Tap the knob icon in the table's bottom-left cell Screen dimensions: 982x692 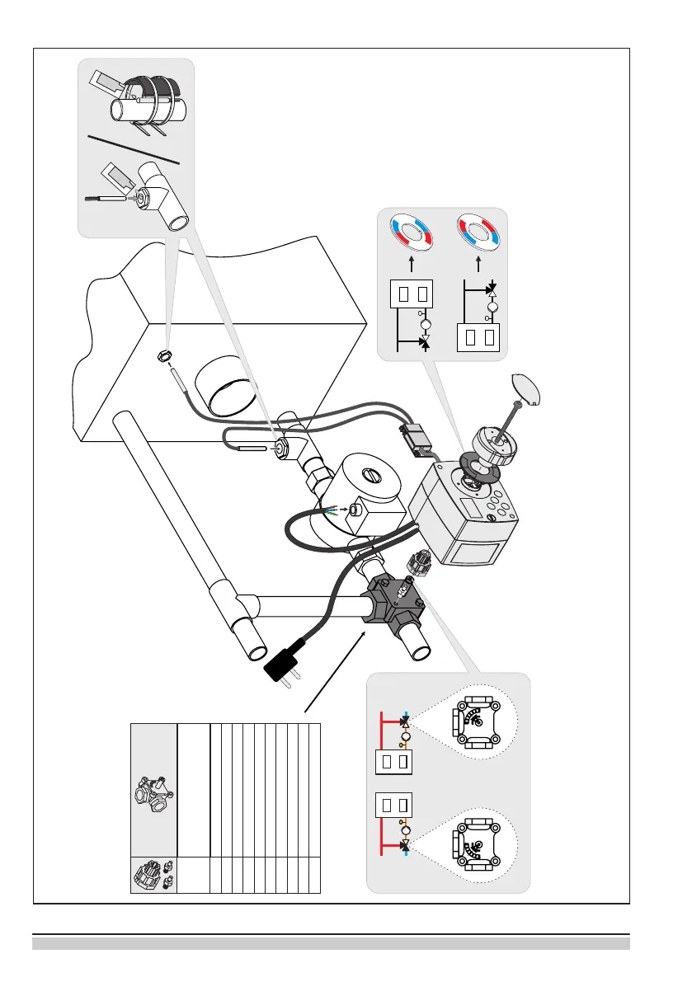pyautogui.click(x=153, y=875)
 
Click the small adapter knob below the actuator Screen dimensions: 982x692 pyautogui.click(x=419, y=567)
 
